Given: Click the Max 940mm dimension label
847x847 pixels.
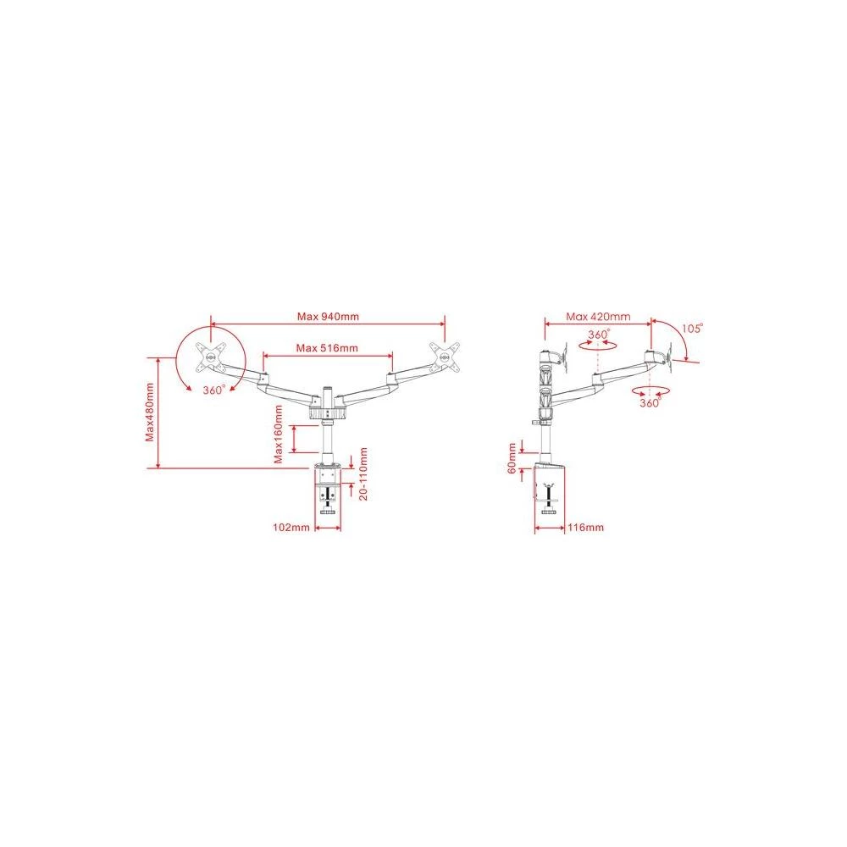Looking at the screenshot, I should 328,317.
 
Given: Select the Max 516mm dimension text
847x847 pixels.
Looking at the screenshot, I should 327,348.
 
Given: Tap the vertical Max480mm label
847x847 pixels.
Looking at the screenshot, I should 150,412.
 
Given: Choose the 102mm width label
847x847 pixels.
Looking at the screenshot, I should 290,527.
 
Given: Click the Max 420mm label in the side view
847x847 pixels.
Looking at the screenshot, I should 598,317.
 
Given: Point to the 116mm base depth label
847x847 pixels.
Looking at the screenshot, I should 585,527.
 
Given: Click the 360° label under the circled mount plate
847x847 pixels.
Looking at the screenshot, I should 213,390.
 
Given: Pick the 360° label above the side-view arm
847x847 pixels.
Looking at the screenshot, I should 599,334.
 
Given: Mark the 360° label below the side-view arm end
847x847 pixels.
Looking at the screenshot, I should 650,404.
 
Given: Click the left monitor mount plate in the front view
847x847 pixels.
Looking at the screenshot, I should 208,356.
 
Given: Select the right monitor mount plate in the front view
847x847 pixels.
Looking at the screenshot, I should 445,356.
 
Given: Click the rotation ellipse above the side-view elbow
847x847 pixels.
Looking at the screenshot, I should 598,346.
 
